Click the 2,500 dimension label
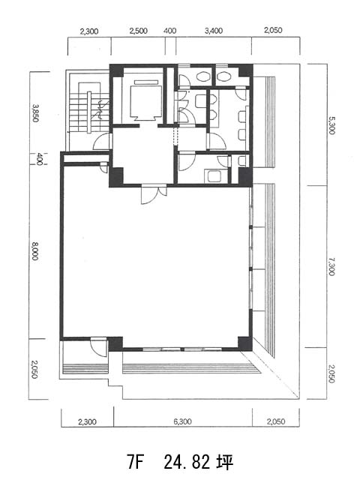(138, 31)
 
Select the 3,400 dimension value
(214, 31)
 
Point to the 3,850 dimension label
(36, 113)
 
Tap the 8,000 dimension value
(35, 251)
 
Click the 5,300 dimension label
(331, 125)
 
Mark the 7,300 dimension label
(331, 266)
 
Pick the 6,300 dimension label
(183, 421)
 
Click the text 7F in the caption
(135, 462)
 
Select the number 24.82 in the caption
(187, 462)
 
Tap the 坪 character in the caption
(225, 462)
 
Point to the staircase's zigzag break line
(101, 109)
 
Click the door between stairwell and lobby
(102, 142)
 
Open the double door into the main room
(154, 194)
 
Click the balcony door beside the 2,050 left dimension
(99, 347)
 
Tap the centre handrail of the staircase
(89, 112)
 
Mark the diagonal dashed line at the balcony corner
(270, 374)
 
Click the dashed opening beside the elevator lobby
(175, 136)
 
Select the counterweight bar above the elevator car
(146, 82)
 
